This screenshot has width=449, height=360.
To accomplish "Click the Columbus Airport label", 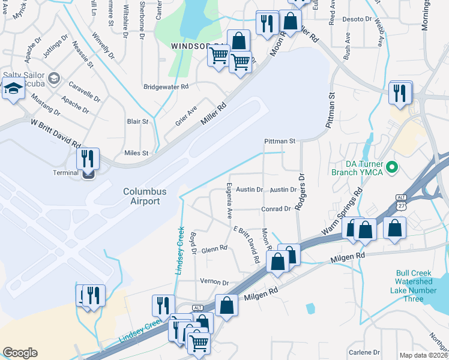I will click(142, 196).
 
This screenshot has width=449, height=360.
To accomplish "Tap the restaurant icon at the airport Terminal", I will click(88, 160).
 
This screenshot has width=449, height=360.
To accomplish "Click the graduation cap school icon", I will click(12, 90).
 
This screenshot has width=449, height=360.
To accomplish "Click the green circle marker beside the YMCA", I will click(393, 167).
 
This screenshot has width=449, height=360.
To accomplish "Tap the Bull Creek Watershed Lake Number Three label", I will click(414, 286).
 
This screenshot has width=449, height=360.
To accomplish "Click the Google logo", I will click(20, 353).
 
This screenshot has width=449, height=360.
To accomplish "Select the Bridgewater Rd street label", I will click(166, 86).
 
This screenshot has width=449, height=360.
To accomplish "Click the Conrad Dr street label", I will click(276, 209).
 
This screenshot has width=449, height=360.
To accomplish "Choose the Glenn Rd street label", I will click(214, 248).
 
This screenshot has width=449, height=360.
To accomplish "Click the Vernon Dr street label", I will click(214, 282).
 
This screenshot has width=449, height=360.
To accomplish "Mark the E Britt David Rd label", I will click(244, 245).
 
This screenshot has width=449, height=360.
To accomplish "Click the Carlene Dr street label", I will click(364, 352).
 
